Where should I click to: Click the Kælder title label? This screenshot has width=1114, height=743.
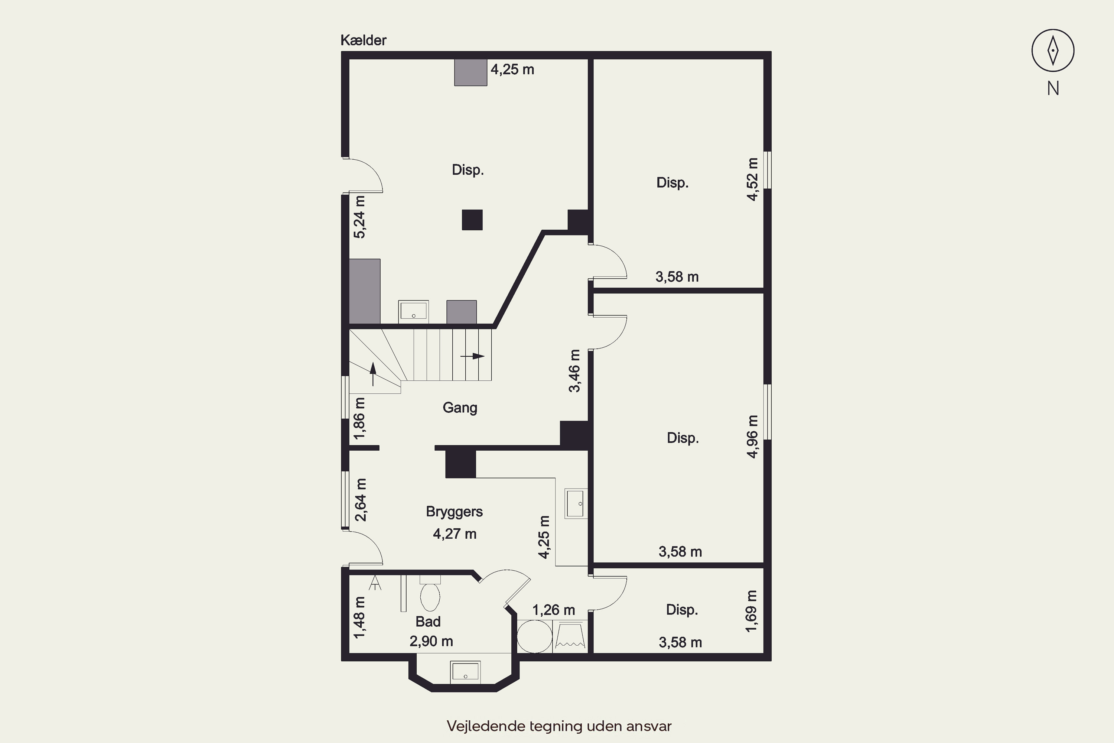[363, 40]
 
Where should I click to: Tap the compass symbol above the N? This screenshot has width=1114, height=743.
[1052, 50]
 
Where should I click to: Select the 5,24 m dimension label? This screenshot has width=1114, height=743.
[359, 217]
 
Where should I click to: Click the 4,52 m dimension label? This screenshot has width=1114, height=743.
[752, 179]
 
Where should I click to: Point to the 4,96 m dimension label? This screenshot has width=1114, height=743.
[752, 437]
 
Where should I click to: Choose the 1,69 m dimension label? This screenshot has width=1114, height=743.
[751, 611]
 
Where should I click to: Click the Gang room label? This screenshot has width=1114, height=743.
[459, 408]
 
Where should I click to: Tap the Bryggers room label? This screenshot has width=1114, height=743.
[454, 512]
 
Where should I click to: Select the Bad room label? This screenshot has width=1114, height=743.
[428, 621]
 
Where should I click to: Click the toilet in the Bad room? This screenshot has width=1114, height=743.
[430, 594]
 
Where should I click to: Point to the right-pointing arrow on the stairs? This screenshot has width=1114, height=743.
[472, 356]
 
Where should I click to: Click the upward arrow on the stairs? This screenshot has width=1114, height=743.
[373, 374]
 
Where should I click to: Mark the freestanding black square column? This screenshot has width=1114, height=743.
[472, 220]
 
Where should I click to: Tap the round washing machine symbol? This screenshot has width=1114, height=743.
[534, 637]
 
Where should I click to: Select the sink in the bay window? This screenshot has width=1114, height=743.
[465, 672]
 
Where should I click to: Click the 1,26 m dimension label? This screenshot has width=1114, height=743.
[554, 610]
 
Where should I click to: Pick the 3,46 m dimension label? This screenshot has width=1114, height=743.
[574, 371]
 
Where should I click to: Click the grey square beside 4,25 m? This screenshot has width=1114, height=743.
[471, 72]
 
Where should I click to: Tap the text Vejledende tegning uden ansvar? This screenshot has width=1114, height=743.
[559, 726]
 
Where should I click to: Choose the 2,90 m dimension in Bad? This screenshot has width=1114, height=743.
[431, 641]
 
